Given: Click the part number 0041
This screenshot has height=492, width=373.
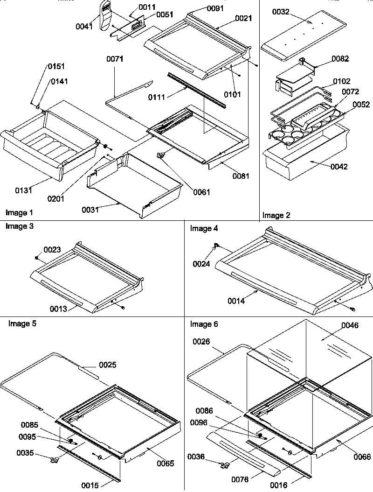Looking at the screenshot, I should [84, 27].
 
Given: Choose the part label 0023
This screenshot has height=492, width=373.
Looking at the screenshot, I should [52, 250].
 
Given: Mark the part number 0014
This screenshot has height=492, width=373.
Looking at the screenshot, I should [236, 301].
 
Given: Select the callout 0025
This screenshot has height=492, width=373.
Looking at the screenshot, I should [107, 364].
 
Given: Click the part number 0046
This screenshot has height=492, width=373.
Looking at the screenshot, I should [350, 325].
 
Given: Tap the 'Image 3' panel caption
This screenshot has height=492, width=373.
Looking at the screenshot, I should [19, 226].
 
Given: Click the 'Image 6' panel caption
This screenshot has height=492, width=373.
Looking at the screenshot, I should [204, 324].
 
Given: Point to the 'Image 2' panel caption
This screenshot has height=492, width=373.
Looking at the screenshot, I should [276, 215].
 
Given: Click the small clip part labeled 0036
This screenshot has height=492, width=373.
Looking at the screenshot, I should [224, 465].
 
